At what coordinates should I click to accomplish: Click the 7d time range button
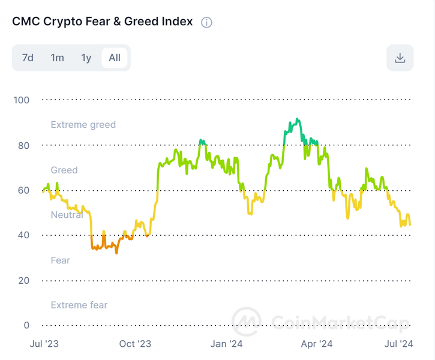[x=28, y=58]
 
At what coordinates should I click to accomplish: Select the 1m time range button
[x=57, y=58]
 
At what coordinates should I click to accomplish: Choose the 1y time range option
[x=86, y=58]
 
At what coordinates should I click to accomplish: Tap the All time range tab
[x=115, y=58]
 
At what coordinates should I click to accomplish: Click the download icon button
[x=400, y=58]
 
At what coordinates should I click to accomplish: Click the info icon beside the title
[x=206, y=22]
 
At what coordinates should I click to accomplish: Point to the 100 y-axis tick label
[x=21, y=100]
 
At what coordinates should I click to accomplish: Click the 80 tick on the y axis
[x=23, y=145]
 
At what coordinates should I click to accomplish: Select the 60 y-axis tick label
[x=23, y=190]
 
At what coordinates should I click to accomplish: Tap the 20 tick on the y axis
[x=23, y=280]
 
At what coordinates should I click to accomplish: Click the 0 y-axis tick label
[x=26, y=325]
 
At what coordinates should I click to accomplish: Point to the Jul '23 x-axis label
[x=44, y=344]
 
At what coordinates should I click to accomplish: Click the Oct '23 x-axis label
[x=135, y=344]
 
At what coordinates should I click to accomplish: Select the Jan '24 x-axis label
[x=227, y=344]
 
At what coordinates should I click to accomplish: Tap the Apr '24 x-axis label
[x=317, y=344]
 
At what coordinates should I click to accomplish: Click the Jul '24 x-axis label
[x=398, y=344]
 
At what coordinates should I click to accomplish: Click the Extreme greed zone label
[x=83, y=125]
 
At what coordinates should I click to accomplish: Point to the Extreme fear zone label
[x=79, y=305]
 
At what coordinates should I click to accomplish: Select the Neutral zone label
[x=67, y=215]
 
